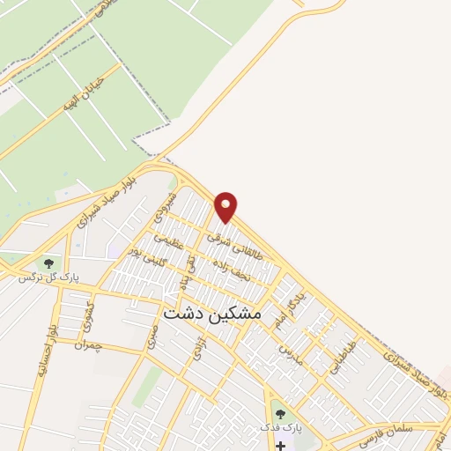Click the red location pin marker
pos(226,207)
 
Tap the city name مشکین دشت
pos(225,312)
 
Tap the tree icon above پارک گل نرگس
pos(48,262)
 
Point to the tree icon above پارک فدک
pos(280,414)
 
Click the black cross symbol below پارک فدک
pos(280,445)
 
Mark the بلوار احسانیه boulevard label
pos(45,352)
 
